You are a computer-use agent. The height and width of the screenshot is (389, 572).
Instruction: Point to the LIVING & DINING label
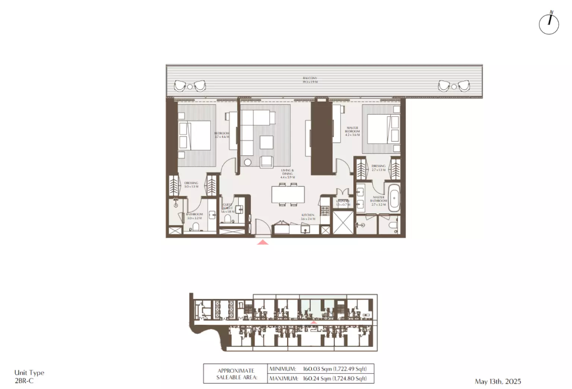288,174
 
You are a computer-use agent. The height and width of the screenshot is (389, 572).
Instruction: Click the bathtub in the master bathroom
394,197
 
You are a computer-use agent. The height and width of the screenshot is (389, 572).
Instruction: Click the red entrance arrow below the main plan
263,242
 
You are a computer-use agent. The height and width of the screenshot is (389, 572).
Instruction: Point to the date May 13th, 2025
497,381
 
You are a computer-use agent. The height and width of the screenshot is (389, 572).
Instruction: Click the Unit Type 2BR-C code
24,380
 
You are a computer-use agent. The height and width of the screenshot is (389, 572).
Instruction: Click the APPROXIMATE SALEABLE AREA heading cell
236,373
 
